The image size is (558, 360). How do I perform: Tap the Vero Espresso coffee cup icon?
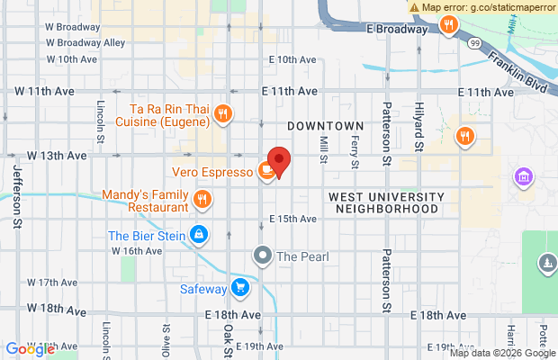[266, 170]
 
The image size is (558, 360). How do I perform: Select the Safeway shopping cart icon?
[239, 287]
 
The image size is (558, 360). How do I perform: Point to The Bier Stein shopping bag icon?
[200, 236]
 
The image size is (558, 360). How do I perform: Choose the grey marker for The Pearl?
[262, 256]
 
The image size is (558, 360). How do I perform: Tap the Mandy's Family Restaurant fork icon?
[203, 199]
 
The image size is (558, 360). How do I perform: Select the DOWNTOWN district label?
[326, 126]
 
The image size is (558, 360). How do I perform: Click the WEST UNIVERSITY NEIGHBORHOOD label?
[386, 202]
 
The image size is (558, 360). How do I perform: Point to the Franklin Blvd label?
[518, 67]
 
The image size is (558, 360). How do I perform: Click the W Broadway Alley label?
[85, 42]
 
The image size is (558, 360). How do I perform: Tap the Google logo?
[30, 349]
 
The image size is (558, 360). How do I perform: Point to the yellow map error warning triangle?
[414, 6]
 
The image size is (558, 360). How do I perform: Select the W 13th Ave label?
[57, 155]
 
